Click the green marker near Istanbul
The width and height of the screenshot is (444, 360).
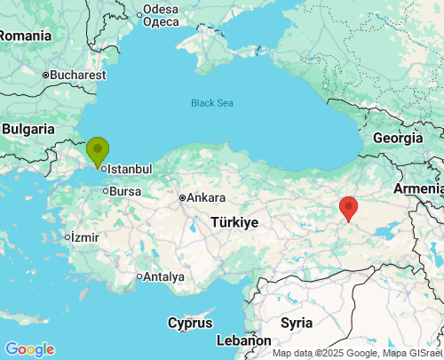[x=97, y=150]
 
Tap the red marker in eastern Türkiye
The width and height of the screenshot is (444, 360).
[x=349, y=207]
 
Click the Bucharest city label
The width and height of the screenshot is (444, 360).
[x=78, y=76]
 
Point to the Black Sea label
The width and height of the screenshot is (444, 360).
[x=212, y=103]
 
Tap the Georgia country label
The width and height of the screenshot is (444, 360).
[x=397, y=138]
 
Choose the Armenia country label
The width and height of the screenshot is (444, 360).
[x=418, y=188]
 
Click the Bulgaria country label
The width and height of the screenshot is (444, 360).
[x=28, y=129]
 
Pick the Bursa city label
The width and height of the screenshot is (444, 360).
[x=125, y=191]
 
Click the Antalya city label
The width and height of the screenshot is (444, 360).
[x=163, y=276]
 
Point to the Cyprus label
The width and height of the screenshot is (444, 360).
[x=190, y=323]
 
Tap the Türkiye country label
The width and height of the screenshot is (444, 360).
[x=234, y=221]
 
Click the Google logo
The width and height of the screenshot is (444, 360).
[x=28, y=349]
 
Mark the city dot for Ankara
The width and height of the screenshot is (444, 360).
[x=181, y=197]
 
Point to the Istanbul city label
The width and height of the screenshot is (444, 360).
[x=131, y=169]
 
